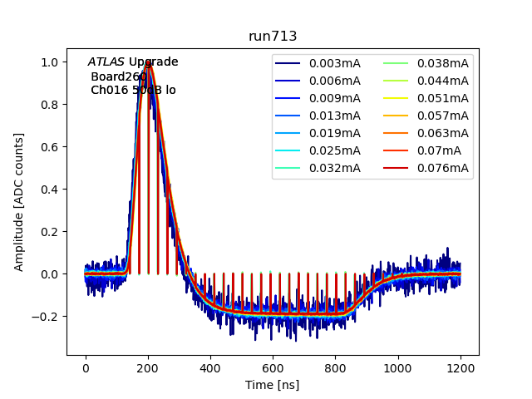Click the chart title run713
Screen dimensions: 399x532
(273, 37)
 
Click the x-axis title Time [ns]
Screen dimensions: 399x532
(273, 385)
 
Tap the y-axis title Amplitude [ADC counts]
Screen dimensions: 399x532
(19, 201)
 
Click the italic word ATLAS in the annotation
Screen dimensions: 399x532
(106, 62)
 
